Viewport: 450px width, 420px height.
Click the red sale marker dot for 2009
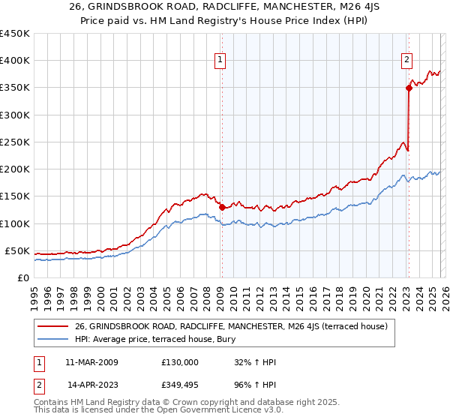click(222, 207)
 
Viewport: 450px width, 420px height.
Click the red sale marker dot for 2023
click(409, 88)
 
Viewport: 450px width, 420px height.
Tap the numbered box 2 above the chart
click(406, 61)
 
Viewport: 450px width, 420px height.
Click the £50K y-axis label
click(18, 250)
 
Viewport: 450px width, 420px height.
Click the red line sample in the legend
click(53, 326)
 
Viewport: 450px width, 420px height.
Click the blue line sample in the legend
click(53, 339)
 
